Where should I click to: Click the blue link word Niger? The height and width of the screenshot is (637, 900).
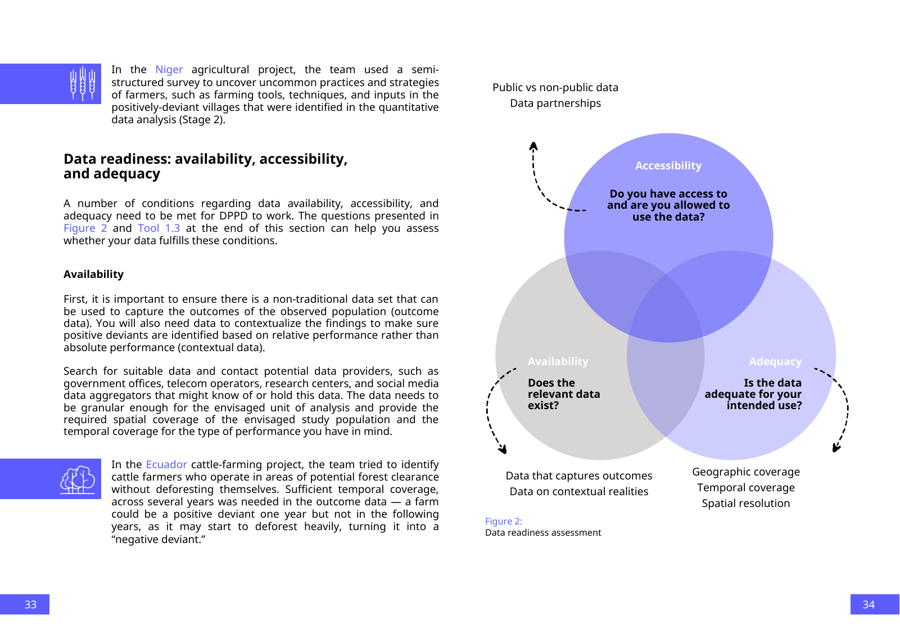pyautogui.click(x=169, y=70)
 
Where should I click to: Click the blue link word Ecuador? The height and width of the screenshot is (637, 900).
pyautogui.click(x=166, y=465)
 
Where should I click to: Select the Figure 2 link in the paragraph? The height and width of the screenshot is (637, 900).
pyautogui.click(x=85, y=228)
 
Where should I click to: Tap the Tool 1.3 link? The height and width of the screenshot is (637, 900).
pyautogui.click(x=159, y=228)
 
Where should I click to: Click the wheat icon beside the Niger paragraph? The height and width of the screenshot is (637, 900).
pyautogui.click(x=83, y=84)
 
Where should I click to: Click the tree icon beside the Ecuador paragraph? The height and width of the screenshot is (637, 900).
pyautogui.click(x=78, y=479)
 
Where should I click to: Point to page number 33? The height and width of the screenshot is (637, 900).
pyautogui.click(x=30, y=604)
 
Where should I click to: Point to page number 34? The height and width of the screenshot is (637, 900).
pyautogui.click(x=869, y=604)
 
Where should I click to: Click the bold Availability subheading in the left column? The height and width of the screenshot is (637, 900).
pyautogui.click(x=93, y=275)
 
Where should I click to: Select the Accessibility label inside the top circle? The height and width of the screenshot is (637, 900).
pyautogui.click(x=668, y=166)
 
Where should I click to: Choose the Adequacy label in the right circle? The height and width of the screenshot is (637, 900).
pyautogui.click(x=775, y=362)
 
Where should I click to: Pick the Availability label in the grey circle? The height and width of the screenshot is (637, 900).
pyautogui.click(x=558, y=362)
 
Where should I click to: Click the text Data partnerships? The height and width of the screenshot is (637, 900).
pyautogui.click(x=555, y=104)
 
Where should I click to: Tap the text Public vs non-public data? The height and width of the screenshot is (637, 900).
pyautogui.click(x=555, y=88)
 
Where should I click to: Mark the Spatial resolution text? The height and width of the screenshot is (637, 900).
pyautogui.click(x=745, y=504)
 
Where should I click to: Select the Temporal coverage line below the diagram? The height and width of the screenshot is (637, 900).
pyautogui.click(x=745, y=488)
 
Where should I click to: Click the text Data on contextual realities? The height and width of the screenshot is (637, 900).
pyautogui.click(x=578, y=492)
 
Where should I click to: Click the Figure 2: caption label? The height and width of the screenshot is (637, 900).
pyautogui.click(x=503, y=522)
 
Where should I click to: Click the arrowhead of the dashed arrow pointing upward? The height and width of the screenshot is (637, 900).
pyautogui.click(x=533, y=146)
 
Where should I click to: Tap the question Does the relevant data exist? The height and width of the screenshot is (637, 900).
pyautogui.click(x=563, y=394)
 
